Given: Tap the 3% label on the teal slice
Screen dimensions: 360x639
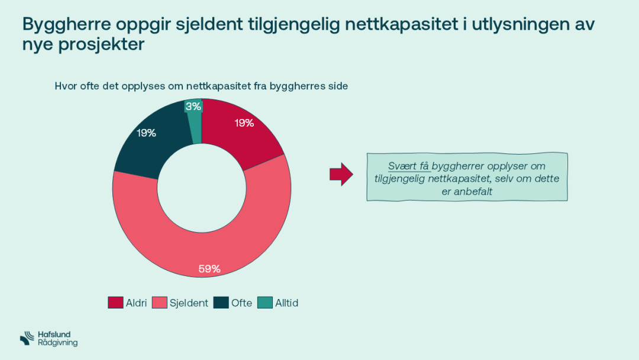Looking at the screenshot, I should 193,107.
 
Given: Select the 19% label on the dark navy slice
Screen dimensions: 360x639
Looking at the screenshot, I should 146,133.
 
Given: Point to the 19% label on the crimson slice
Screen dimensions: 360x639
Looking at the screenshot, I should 244,123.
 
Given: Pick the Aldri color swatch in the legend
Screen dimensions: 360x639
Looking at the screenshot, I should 115,303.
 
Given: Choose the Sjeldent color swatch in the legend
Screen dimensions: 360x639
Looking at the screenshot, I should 160,303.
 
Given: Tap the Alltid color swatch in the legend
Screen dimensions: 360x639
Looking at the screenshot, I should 265,303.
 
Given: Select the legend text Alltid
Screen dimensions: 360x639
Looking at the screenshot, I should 286,303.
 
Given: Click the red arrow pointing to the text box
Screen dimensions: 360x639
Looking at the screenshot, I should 341,175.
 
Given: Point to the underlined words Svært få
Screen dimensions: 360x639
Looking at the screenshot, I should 408,166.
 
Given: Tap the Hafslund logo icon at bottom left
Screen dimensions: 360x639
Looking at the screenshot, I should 27,338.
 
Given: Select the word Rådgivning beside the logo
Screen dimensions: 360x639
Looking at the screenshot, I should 57,343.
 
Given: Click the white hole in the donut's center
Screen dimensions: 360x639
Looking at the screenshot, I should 202,188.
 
